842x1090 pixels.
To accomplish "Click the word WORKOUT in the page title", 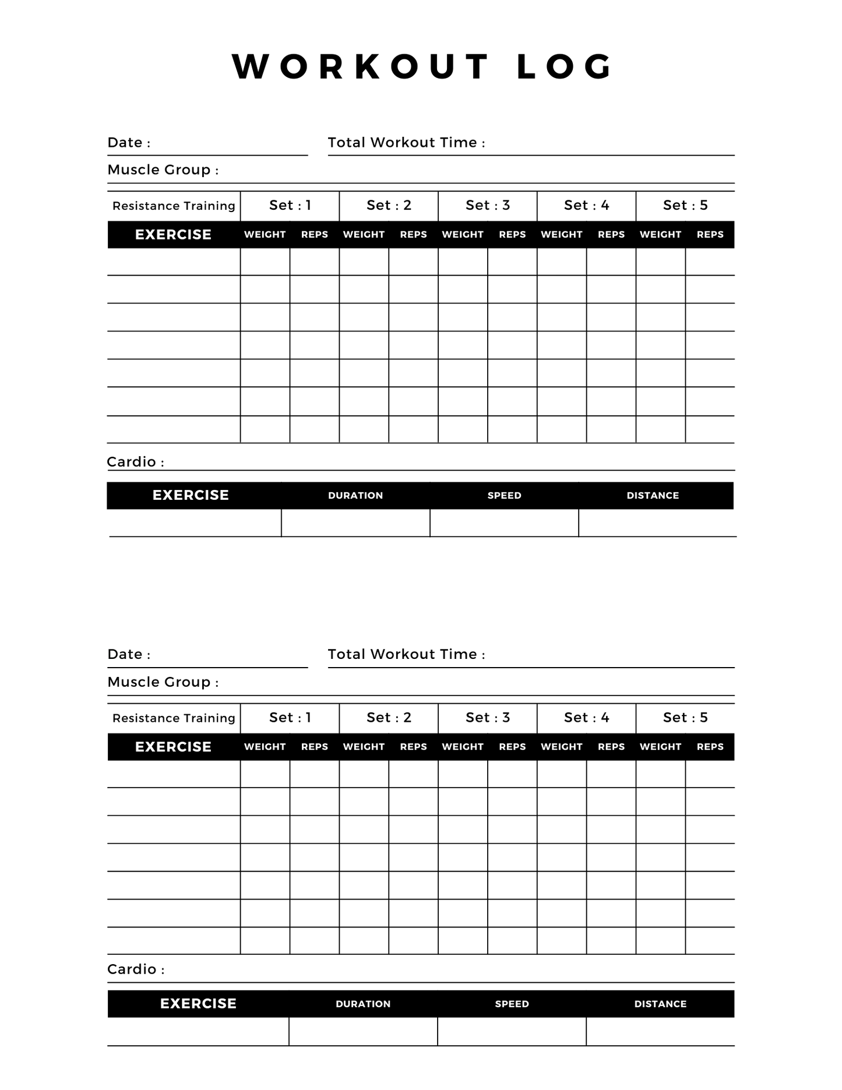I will pyautogui.click(x=361, y=66).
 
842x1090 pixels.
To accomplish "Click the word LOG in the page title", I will pyautogui.click(x=564, y=66).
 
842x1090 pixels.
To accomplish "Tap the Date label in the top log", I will pyautogui.click(x=129, y=143).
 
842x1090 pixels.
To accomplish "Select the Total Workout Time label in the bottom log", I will pyautogui.click(x=406, y=654).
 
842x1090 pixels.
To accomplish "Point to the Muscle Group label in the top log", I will pyautogui.click(x=163, y=170).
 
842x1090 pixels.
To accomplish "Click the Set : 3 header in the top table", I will pyautogui.click(x=487, y=205).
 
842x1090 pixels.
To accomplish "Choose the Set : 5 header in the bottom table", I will pyautogui.click(x=685, y=717).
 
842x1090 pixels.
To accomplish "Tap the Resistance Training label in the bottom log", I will pyautogui.click(x=174, y=718).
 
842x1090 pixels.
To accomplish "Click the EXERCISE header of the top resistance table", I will pyautogui.click(x=173, y=235).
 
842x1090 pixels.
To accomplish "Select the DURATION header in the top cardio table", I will pyautogui.click(x=355, y=495).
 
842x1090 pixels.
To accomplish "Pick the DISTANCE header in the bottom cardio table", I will pyautogui.click(x=660, y=1004).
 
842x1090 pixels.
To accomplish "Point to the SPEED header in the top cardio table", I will pyautogui.click(x=504, y=495).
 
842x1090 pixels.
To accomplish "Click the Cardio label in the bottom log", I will pyautogui.click(x=136, y=969).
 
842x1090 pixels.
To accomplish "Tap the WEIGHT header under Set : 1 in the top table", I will pyautogui.click(x=265, y=235).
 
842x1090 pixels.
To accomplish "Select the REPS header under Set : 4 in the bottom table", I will pyautogui.click(x=611, y=747).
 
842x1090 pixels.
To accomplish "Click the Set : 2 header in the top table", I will pyautogui.click(x=389, y=205).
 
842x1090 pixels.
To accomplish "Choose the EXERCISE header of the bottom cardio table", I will pyautogui.click(x=198, y=1003).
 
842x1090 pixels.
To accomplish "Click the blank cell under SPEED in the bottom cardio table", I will pyautogui.click(x=512, y=1032).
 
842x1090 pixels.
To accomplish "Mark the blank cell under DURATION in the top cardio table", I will pyautogui.click(x=355, y=523).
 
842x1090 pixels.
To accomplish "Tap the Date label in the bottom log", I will pyautogui.click(x=129, y=654).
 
